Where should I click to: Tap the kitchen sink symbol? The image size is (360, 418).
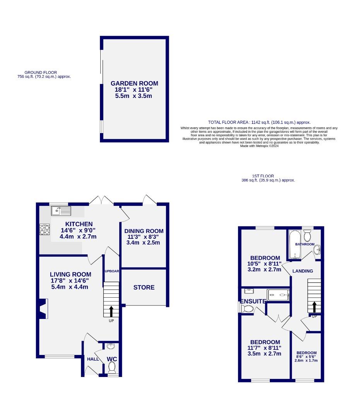[61, 211]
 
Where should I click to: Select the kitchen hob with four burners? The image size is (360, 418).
[44, 230]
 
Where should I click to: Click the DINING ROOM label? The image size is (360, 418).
[144, 231]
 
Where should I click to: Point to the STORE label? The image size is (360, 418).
[144, 288]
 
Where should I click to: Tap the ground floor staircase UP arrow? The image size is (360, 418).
[111, 311]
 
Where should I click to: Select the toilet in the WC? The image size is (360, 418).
[112, 367]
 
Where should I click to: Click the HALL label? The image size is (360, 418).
[93, 359]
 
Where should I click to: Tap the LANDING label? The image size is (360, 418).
[302, 271]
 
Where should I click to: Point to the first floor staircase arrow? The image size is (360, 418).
[314, 307]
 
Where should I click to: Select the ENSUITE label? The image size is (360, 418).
[253, 301]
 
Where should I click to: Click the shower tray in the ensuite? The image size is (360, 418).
[278, 295]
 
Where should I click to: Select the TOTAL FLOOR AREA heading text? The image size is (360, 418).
[259, 122]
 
